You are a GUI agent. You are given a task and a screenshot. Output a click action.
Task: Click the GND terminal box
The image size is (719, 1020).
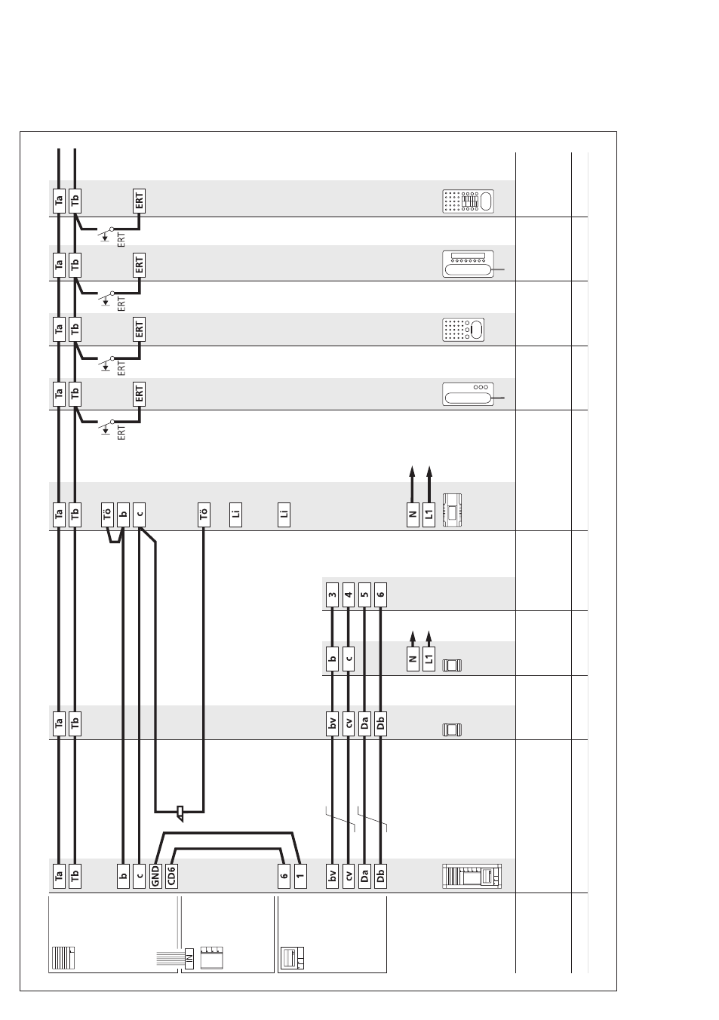coord(155,876)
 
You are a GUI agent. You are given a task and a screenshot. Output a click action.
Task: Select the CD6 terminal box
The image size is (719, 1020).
coord(172,876)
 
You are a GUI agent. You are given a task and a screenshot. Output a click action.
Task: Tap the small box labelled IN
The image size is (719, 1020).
coord(189,958)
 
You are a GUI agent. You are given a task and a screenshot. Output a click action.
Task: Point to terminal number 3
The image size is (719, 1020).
coord(333,594)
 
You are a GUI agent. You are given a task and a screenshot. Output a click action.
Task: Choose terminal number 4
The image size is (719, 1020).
coord(349,594)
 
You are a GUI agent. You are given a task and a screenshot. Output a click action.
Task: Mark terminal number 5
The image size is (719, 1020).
coord(364,594)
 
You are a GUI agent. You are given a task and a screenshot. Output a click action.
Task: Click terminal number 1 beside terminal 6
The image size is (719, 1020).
coord(300,876)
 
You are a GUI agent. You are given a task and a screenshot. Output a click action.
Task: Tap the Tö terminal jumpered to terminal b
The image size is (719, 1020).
coord(107,515)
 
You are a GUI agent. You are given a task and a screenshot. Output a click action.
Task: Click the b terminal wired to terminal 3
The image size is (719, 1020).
coord(333,659)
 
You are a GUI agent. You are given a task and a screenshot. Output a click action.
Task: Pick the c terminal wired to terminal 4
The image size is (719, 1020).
coord(349,659)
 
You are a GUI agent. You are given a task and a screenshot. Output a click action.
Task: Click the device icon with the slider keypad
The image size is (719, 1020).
coord(468,201)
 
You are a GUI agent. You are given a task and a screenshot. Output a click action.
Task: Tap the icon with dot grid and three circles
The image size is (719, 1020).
coord(463,330)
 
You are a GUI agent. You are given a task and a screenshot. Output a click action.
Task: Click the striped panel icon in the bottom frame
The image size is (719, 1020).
coord(63,957)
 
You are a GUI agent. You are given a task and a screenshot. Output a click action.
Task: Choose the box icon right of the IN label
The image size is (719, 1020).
coord(212,957)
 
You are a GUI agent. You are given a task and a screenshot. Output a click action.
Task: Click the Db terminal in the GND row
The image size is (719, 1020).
coord(381,876)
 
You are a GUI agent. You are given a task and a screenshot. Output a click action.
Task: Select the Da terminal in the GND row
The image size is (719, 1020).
coord(364,876)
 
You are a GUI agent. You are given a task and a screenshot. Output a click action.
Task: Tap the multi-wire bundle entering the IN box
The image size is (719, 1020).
coord(171,958)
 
